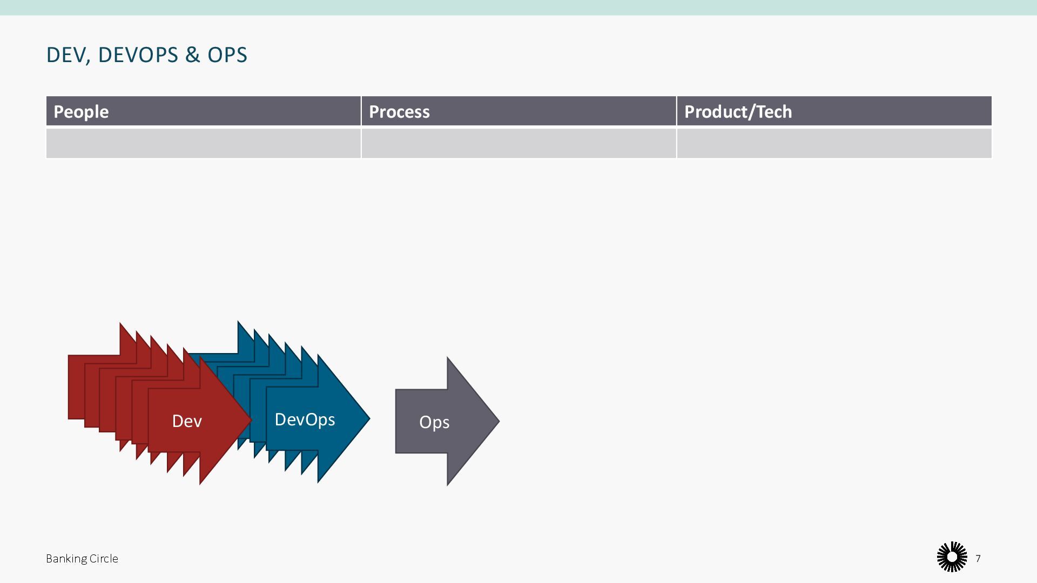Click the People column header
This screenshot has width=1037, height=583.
(x=81, y=112)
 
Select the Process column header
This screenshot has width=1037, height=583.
(x=399, y=112)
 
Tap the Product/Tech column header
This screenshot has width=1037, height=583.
(x=738, y=112)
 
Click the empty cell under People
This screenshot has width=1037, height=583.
(x=203, y=143)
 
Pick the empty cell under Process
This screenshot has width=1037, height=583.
(x=518, y=143)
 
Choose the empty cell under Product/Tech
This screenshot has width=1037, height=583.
(x=834, y=143)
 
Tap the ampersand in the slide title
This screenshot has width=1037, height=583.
(x=192, y=55)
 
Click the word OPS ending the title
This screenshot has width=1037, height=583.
(x=227, y=55)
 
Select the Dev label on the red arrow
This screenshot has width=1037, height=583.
(x=187, y=421)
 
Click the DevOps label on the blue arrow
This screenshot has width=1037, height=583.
(x=305, y=419)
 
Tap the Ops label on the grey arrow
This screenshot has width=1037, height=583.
(x=434, y=422)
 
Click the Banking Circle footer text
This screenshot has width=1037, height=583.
(x=82, y=559)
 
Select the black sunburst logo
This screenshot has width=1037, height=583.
(x=952, y=557)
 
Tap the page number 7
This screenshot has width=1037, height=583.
(x=978, y=558)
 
